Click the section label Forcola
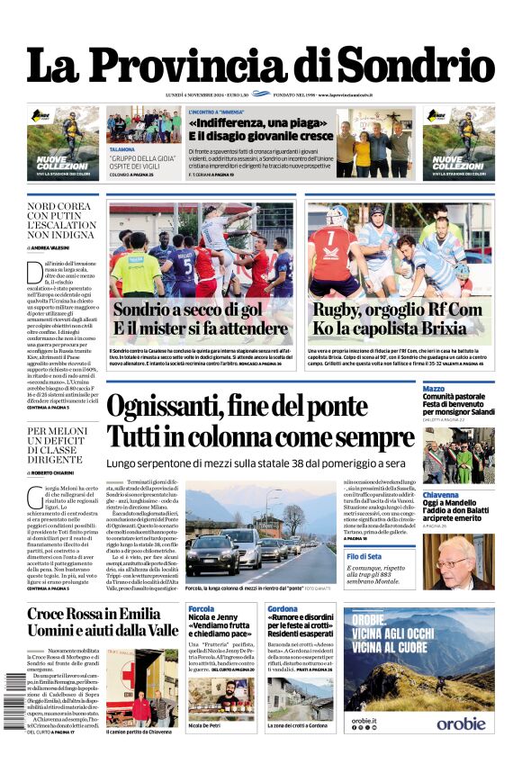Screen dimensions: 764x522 [x=202, y=609]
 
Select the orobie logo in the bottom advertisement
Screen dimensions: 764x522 [x=461, y=723]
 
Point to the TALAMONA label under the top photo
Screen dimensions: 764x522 [x=122, y=149]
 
